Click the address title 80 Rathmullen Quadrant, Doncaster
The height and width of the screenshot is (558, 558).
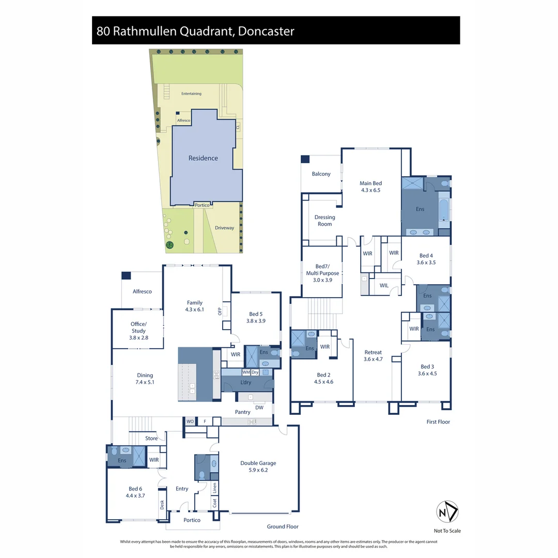pos(195,31)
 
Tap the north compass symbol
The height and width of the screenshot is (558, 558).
pos(447,512)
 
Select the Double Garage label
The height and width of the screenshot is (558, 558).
pos(258,467)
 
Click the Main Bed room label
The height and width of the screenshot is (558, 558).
pos(370,187)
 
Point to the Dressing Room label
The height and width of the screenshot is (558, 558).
pos(324,221)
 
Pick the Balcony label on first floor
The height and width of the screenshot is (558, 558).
pos(321,174)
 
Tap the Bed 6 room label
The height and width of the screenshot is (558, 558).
pos(135,492)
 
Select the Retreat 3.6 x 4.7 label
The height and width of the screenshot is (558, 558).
pos(373,355)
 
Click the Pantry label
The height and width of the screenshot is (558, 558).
pos(242,412)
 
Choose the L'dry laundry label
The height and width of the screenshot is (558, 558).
pos(246,382)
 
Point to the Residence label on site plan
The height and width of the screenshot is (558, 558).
pos(203,158)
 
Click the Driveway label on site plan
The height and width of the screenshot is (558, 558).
pos(225,228)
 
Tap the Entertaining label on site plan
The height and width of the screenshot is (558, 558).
pos(191,94)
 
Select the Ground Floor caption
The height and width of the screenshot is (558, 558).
pos(283,526)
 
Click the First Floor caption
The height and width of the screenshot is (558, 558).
pos(438,422)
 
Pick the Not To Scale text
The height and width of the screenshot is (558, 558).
pos(447,531)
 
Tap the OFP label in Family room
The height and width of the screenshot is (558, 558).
pos(220,311)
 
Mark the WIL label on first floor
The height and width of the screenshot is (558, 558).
pos(384,285)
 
